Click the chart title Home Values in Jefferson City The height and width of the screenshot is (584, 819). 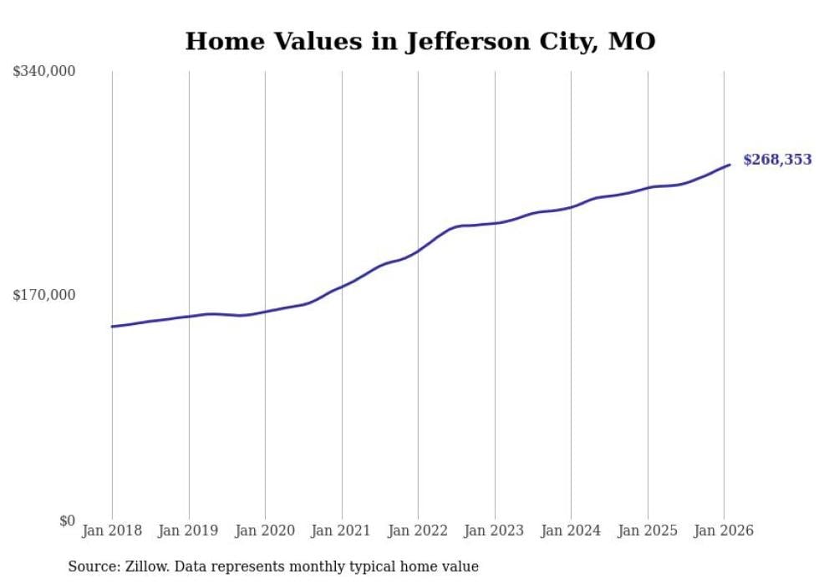coord(420,41)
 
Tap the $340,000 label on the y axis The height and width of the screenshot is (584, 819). coord(44,72)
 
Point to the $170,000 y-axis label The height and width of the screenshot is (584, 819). coord(44,295)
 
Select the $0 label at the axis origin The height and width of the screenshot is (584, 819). coord(67,521)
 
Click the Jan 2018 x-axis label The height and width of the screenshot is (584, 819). coord(112,531)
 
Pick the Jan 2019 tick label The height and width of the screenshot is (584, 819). coord(188,531)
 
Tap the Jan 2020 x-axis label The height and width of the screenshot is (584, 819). coord(265,531)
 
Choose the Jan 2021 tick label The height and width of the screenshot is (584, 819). coord(341,531)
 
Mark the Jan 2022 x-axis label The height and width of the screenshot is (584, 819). coord(418,531)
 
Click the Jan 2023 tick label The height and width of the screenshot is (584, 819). coord(494,531)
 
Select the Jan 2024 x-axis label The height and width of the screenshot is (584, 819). coord(571,531)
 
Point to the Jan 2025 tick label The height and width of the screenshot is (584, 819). coord(647,531)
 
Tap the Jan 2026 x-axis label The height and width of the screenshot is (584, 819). coord(724,531)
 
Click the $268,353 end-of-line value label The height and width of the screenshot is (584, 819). coord(777,160)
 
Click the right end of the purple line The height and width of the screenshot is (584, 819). coord(730,165)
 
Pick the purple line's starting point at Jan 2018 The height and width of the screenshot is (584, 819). coord(112,327)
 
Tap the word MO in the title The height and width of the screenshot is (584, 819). coord(632,41)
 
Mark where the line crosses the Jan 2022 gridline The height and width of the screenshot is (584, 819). coord(418,251)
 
